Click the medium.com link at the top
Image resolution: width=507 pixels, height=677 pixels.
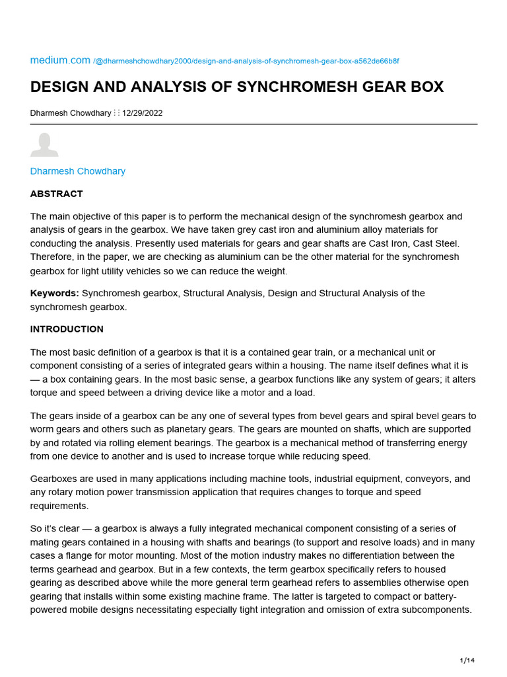(x=60, y=60)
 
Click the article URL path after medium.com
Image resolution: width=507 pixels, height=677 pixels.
(x=246, y=61)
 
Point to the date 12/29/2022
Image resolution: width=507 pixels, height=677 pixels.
(x=142, y=113)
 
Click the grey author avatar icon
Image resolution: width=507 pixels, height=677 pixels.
(x=44, y=145)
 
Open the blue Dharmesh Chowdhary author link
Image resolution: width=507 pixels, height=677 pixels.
(x=78, y=171)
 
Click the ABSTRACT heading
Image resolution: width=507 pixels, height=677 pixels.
(x=57, y=194)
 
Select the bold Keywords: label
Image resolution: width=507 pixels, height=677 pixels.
(x=55, y=293)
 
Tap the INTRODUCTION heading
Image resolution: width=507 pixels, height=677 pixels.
(x=67, y=329)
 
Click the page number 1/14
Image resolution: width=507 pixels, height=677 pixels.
(x=467, y=660)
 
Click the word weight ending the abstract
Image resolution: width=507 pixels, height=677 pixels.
(x=273, y=270)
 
